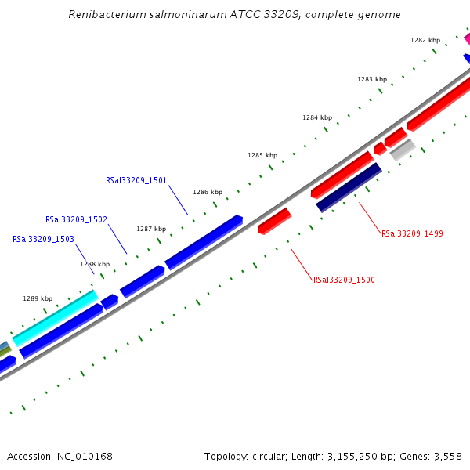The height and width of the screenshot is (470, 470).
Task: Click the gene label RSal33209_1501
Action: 136,180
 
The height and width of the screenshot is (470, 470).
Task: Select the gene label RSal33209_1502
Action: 76,220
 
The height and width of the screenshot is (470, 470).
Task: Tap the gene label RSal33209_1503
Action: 43,239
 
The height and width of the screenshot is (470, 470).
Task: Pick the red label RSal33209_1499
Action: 412,233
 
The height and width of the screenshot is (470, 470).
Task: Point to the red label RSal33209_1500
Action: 344,280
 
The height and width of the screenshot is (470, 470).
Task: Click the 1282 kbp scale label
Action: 425,40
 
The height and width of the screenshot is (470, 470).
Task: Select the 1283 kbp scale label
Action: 372,79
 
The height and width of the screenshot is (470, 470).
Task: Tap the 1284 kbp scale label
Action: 317,117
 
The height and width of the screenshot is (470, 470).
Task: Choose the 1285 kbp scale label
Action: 262,156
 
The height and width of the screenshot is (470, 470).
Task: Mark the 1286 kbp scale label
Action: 208,192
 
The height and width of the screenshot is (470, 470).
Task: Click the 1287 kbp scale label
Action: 151,229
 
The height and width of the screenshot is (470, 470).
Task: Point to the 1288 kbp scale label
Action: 95,264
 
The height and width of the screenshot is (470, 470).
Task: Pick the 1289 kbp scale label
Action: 38,298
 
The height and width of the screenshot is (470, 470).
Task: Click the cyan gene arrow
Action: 55,318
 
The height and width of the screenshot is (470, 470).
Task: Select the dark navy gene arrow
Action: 349,187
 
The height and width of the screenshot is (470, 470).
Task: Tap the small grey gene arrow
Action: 402,149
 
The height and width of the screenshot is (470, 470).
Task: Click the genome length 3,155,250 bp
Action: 342,456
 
